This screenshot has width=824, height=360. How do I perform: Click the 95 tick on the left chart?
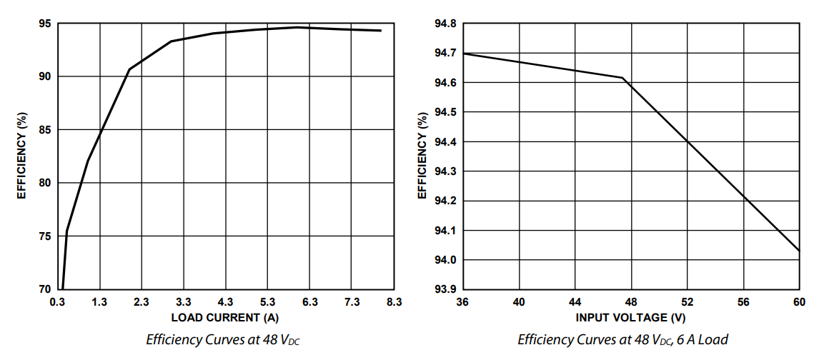(44, 24)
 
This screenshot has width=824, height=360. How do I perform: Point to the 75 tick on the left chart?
(44, 236)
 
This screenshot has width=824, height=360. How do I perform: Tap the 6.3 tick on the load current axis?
(310, 302)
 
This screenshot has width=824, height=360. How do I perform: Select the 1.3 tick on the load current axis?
(99, 302)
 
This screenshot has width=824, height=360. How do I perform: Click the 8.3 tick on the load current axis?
(394, 302)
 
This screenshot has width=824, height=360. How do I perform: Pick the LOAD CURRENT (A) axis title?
(224, 316)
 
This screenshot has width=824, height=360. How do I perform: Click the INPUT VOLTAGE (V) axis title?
(630, 316)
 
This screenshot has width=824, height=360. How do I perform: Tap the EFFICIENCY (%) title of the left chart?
(22, 156)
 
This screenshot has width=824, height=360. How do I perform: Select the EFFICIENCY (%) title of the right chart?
(422, 156)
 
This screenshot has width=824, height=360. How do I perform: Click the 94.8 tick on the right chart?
(445, 24)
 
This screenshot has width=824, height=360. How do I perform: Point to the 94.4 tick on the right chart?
(445, 142)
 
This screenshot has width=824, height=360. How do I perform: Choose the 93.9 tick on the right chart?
(445, 289)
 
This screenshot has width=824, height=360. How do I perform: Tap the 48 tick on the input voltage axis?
(631, 302)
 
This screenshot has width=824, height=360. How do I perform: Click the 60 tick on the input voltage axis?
(799, 302)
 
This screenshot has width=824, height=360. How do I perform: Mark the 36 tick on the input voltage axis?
(462, 302)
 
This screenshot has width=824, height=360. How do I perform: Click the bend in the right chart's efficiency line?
(622, 78)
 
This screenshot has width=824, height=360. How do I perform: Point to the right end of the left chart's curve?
(381, 31)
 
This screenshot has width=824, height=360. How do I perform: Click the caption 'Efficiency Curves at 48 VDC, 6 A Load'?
(622, 339)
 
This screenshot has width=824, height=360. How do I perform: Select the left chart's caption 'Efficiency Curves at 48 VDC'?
(223, 339)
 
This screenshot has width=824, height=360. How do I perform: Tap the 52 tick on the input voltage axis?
(687, 302)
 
